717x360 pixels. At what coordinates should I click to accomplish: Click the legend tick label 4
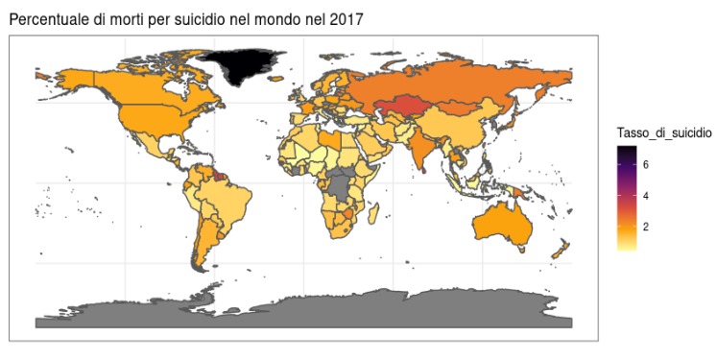pyautogui.click(x=646, y=196)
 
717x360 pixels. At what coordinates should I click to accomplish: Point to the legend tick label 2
pyautogui.click(x=646, y=228)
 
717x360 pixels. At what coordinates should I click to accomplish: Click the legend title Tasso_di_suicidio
pyautogui.click(x=663, y=132)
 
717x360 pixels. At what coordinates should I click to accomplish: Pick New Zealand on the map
pyautogui.click(x=559, y=252)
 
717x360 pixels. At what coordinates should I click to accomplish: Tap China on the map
pyautogui.click(x=461, y=130)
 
